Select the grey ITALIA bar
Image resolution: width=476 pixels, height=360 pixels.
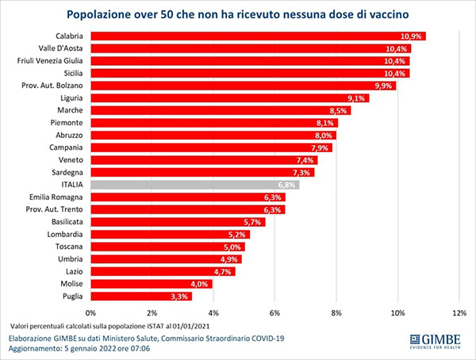190,185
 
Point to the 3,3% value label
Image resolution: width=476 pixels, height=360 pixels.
179,297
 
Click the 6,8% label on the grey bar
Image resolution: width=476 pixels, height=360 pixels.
287,185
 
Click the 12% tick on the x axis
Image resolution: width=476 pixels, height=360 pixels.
459,312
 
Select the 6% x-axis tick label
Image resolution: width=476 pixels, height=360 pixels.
274,312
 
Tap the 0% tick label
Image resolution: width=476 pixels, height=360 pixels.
90,312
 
